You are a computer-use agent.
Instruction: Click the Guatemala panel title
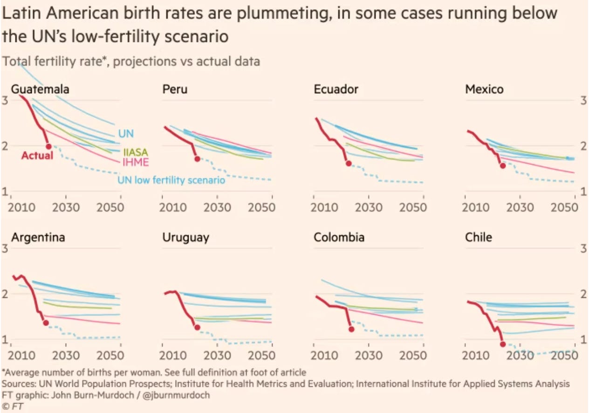pyautogui.click(x=40, y=89)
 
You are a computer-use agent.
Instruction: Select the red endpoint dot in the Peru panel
pyautogui.click(x=197, y=159)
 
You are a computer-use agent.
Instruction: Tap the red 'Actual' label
pyautogui.click(x=37, y=156)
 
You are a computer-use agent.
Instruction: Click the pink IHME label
pyautogui.click(x=136, y=162)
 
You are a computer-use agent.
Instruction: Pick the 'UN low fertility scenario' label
pyautogui.click(x=171, y=179)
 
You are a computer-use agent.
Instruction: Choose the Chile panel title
pyautogui.click(x=479, y=237)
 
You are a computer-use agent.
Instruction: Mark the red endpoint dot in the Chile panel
pyautogui.click(x=503, y=344)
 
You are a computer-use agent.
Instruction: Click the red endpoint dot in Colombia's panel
pyautogui.click(x=351, y=329)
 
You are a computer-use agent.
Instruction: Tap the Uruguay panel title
pyautogui.click(x=185, y=237)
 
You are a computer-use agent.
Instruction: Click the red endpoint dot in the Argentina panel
pyautogui.click(x=46, y=323)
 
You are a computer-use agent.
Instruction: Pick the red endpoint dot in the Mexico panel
pyautogui.click(x=503, y=165)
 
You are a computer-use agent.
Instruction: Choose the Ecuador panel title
pyautogui.click(x=336, y=89)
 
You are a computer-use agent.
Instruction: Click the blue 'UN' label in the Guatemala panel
pyautogui.click(x=126, y=134)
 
